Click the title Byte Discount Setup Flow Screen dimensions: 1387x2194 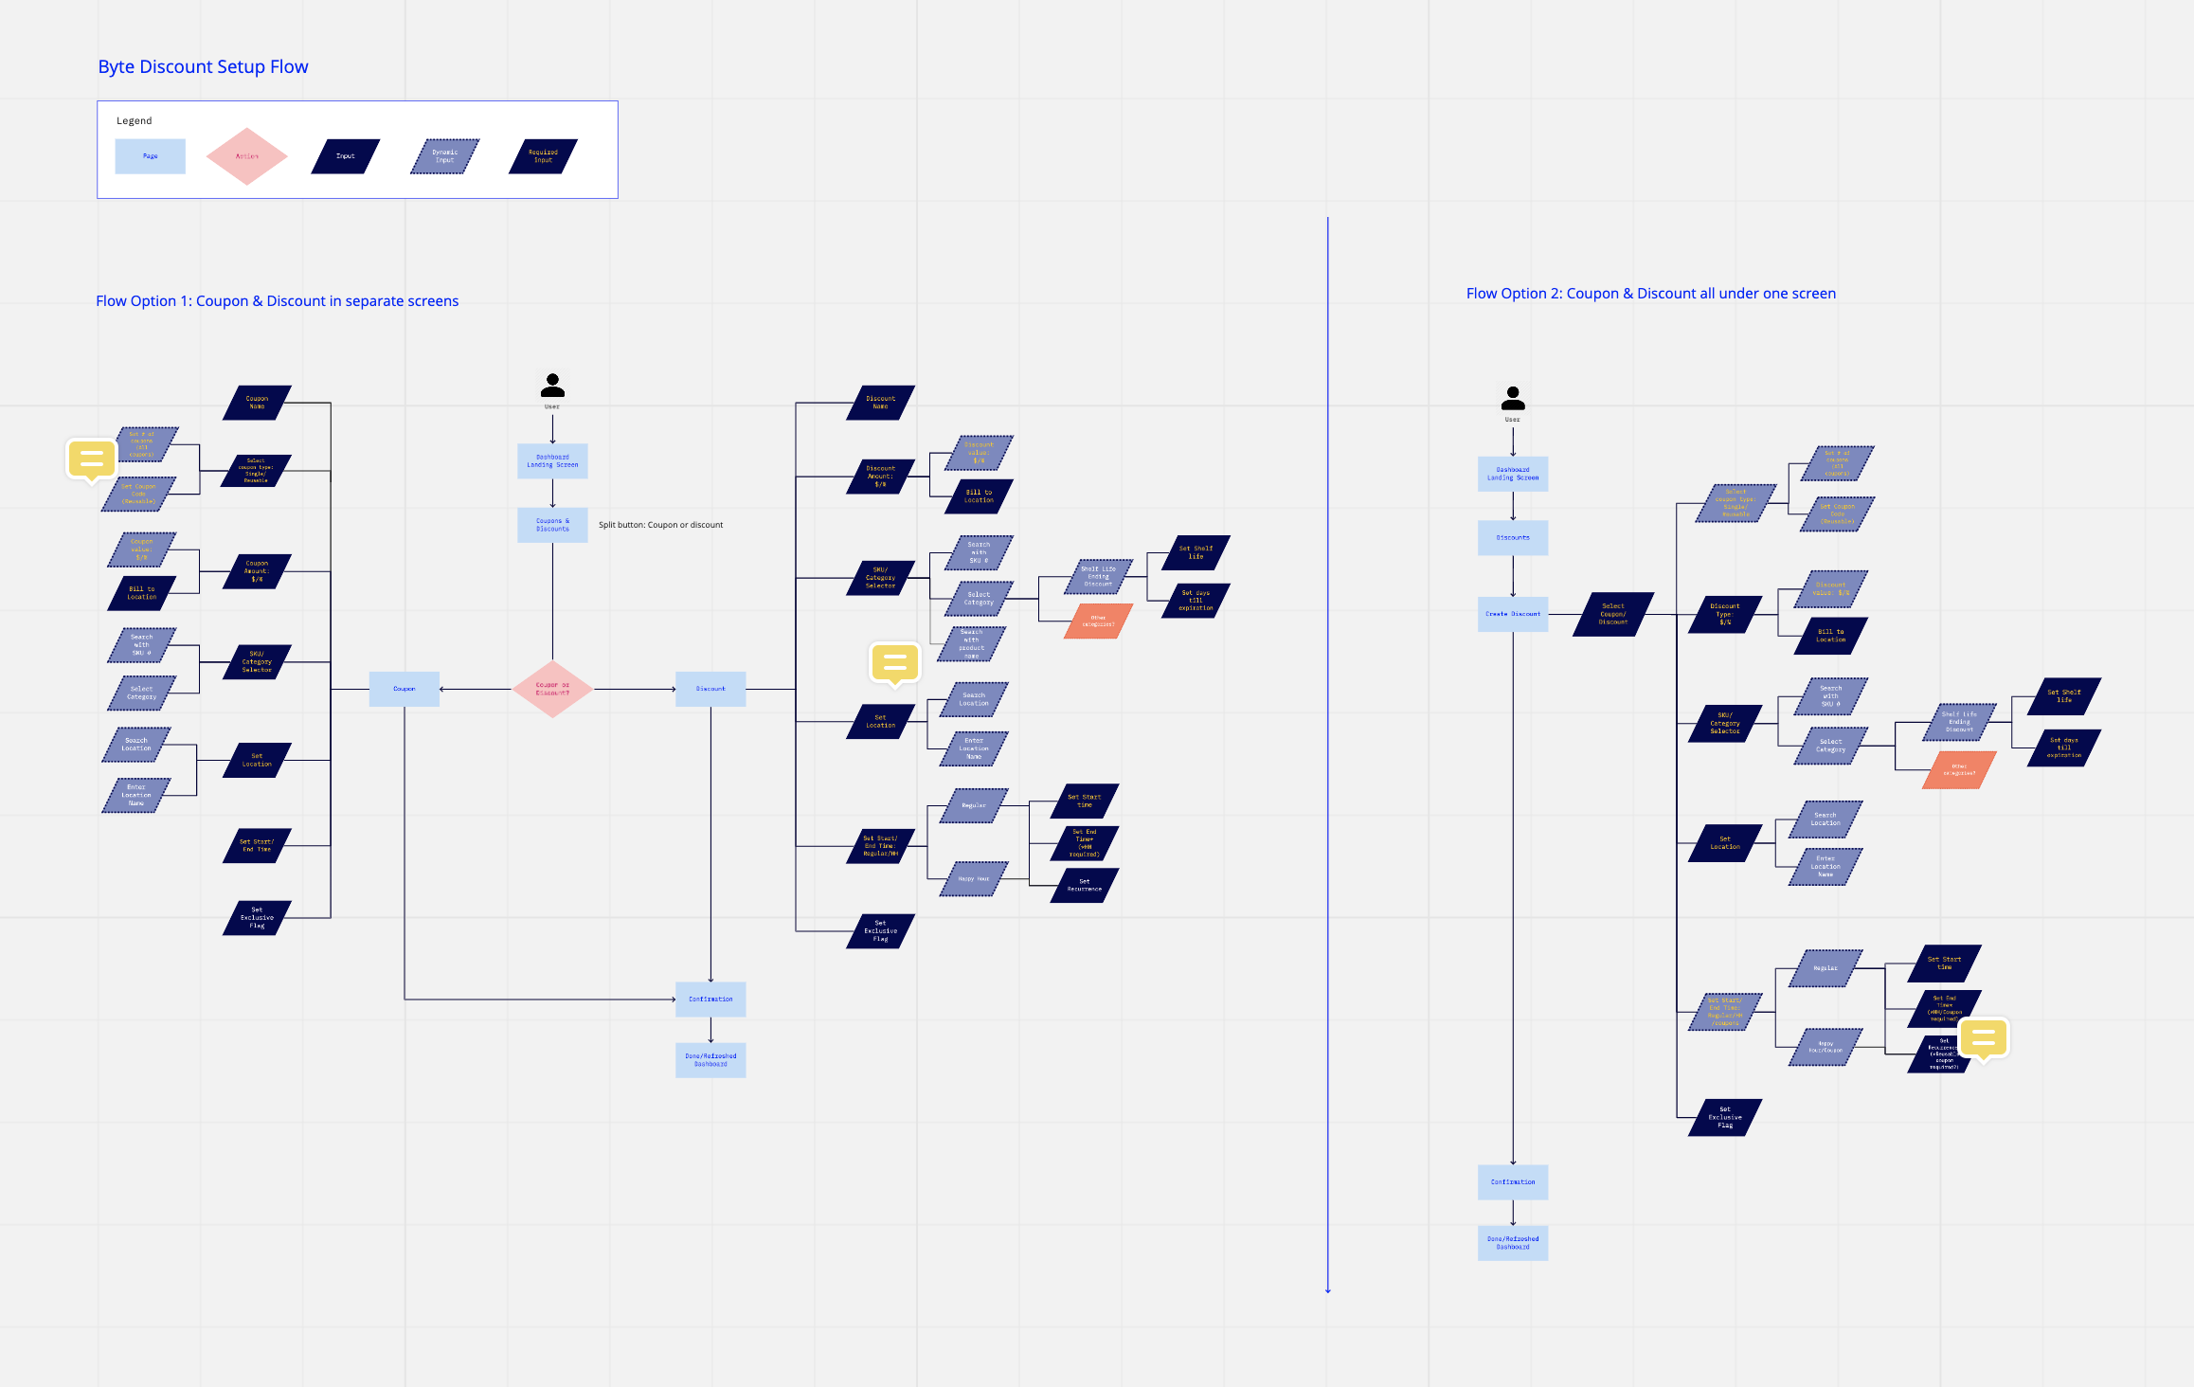[x=203, y=67]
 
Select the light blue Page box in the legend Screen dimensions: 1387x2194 [x=150, y=156]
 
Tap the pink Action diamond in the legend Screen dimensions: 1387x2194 [x=246, y=156]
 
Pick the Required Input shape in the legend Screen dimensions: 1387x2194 [x=543, y=156]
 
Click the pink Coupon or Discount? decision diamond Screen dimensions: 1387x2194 [x=552, y=689]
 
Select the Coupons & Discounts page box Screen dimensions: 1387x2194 [x=552, y=525]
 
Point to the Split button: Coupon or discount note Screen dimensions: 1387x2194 [x=660, y=525]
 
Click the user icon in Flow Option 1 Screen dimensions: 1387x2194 [x=552, y=386]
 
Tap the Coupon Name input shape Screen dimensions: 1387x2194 [x=257, y=403]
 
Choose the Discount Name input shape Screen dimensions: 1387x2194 [x=880, y=403]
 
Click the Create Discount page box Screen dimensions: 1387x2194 [x=1512, y=614]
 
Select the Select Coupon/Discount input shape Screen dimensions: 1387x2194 [x=1612, y=614]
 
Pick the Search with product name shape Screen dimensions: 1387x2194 [x=971, y=644]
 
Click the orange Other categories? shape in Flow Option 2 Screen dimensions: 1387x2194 [x=1959, y=770]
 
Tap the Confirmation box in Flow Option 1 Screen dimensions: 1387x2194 [x=710, y=1000]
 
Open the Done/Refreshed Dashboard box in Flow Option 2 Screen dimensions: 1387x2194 [x=1512, y=1243]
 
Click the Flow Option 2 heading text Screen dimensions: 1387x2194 [x=1650, y=294]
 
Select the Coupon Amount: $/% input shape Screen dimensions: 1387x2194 [x=257, y=571]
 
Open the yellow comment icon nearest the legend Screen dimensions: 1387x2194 [x=92, y=459]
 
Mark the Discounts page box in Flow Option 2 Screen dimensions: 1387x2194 [x=1512, y=538]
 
